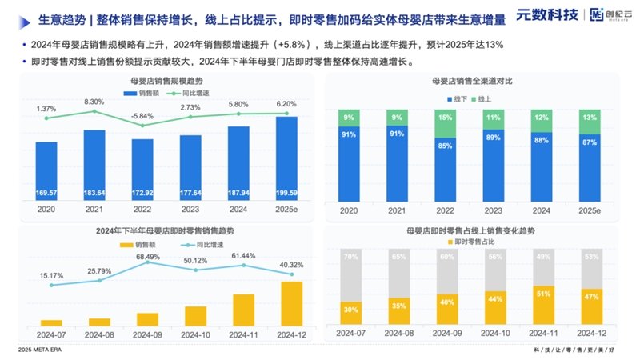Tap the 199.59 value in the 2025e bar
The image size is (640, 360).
[286, 193]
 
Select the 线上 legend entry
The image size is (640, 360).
[484, 98]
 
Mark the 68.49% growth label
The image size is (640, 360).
[148, 256]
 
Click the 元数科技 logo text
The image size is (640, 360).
[548, 14]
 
